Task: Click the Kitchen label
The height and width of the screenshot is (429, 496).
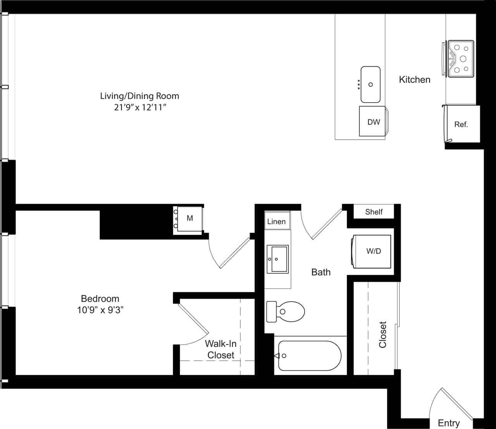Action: [415, 80]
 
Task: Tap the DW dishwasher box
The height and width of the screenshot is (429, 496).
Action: [373, 122]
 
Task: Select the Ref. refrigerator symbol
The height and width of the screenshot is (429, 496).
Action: [461, 124]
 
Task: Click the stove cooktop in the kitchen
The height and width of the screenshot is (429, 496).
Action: [461, 58]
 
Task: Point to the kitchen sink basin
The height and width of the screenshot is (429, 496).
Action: [370, 84]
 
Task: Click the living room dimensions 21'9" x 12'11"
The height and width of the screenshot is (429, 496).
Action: [140, 107]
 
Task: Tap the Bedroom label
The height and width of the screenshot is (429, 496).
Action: [100, 299]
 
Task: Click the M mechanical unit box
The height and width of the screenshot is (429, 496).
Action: [189, 218]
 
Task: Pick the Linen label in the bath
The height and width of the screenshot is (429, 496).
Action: [276, 222]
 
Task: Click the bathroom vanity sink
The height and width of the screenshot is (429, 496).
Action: [277, 259]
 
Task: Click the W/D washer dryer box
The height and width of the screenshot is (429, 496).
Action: [373, 251]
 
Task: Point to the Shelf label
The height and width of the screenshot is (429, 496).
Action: [374, 212]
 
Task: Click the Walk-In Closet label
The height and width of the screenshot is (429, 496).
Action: [220, 349]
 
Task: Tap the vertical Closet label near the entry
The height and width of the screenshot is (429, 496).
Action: [383, 335]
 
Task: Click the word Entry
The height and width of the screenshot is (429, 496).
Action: [449, 423]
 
